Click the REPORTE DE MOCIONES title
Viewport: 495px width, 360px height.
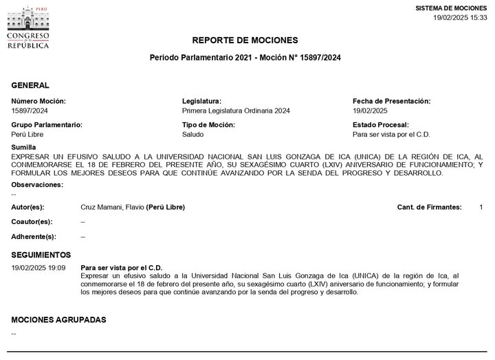tap(245, 40)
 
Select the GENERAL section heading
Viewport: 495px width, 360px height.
tap(30, 85)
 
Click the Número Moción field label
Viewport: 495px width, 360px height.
tap(40, 101)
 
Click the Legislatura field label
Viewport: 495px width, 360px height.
tap(201, 101)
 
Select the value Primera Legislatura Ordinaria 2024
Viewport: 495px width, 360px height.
tap(236, 110)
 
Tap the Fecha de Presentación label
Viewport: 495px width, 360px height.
tap(391, 101)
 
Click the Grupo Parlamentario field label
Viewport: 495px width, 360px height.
tap(47, 125)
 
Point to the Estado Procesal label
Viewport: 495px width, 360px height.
tap(380, 125)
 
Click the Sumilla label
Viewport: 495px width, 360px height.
tap(24, 148)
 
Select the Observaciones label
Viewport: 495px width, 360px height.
tap(37, 184)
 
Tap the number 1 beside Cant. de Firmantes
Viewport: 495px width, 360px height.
tap(481, 207)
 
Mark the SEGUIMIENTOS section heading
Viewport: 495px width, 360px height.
tap(41, 254)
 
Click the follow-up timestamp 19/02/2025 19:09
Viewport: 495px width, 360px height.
tap(38, 267)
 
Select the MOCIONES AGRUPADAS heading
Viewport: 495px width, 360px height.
tap(59, 319)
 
